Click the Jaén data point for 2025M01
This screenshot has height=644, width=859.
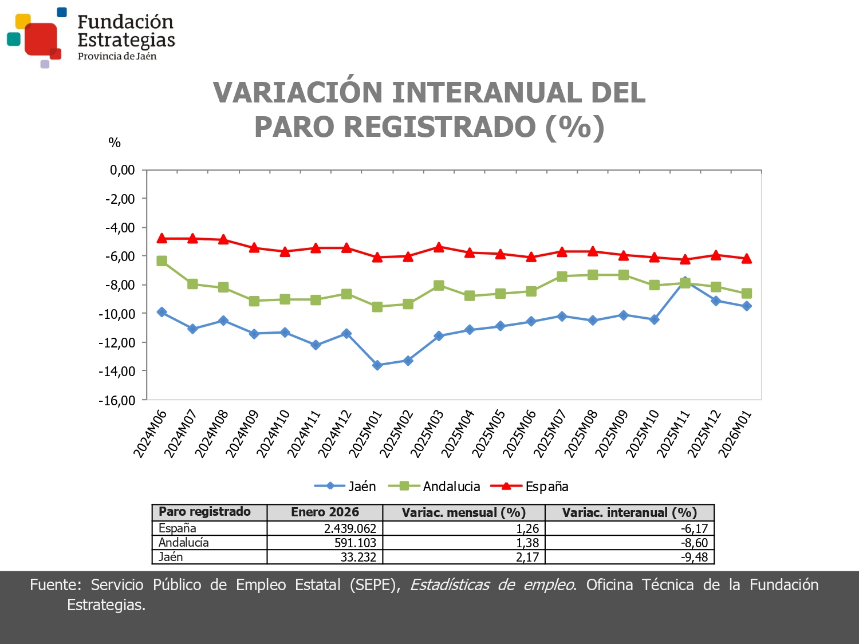377,365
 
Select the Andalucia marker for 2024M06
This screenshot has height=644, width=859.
162,261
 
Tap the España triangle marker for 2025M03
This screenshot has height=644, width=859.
439,248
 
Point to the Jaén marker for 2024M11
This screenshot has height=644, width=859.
316,345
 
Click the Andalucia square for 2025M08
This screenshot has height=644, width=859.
593,275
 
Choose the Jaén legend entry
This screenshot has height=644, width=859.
345,487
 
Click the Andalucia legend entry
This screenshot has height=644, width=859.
435,487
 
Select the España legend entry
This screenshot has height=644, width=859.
530,487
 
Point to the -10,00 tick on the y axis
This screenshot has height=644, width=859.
120,314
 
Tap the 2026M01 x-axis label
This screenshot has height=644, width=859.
735,434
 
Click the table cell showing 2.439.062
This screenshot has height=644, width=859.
350,528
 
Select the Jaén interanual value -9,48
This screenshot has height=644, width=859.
694,557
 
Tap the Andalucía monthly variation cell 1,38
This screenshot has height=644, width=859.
527,543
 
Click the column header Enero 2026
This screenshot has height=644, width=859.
325,512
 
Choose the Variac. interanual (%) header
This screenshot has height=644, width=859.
629,512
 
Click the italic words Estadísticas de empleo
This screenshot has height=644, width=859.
492,585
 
